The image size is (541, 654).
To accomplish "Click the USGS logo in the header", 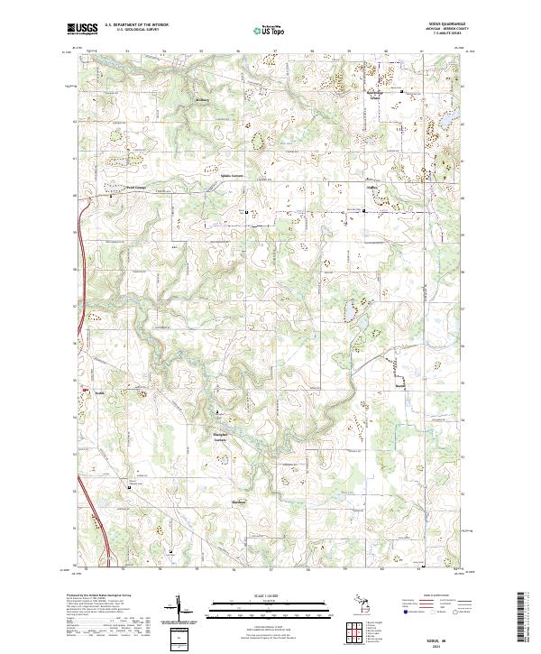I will tap(82, 30).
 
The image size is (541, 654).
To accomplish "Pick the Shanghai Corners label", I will tap(225, 438).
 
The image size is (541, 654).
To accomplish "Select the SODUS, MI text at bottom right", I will tap(438, 636).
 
